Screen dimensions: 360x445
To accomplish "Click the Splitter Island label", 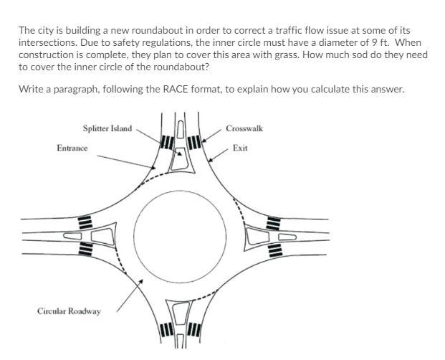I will click(107, 129).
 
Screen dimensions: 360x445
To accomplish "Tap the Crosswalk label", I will click(244, 129).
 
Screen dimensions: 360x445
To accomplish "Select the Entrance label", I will click(72, 148).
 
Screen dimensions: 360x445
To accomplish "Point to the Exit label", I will click(240, 148).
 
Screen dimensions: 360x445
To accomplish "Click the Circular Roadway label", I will click(69, 311).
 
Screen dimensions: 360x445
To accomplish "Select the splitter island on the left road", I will click(102, 236).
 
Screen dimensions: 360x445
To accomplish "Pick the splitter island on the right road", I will click(256, 236).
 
